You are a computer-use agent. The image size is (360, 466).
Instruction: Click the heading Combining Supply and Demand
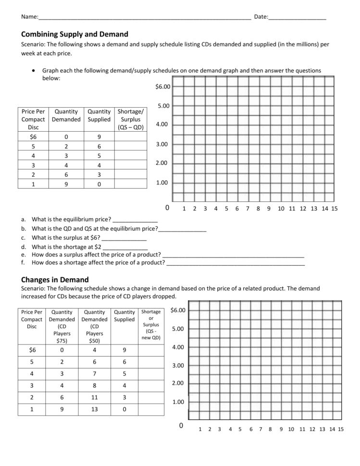click(74, 34)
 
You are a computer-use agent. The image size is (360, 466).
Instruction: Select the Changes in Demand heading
click(55, 280)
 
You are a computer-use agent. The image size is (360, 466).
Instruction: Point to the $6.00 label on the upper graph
click(162, 87)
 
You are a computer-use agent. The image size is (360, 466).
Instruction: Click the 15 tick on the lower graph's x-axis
click(341, 429)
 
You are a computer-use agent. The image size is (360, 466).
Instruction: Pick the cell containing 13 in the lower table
click(94, 410)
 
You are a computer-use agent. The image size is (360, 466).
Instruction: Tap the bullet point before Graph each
click(33, 70)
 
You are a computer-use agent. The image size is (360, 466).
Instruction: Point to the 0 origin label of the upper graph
click(167, 208)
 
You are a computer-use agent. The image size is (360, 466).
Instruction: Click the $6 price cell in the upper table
click(33, 136)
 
